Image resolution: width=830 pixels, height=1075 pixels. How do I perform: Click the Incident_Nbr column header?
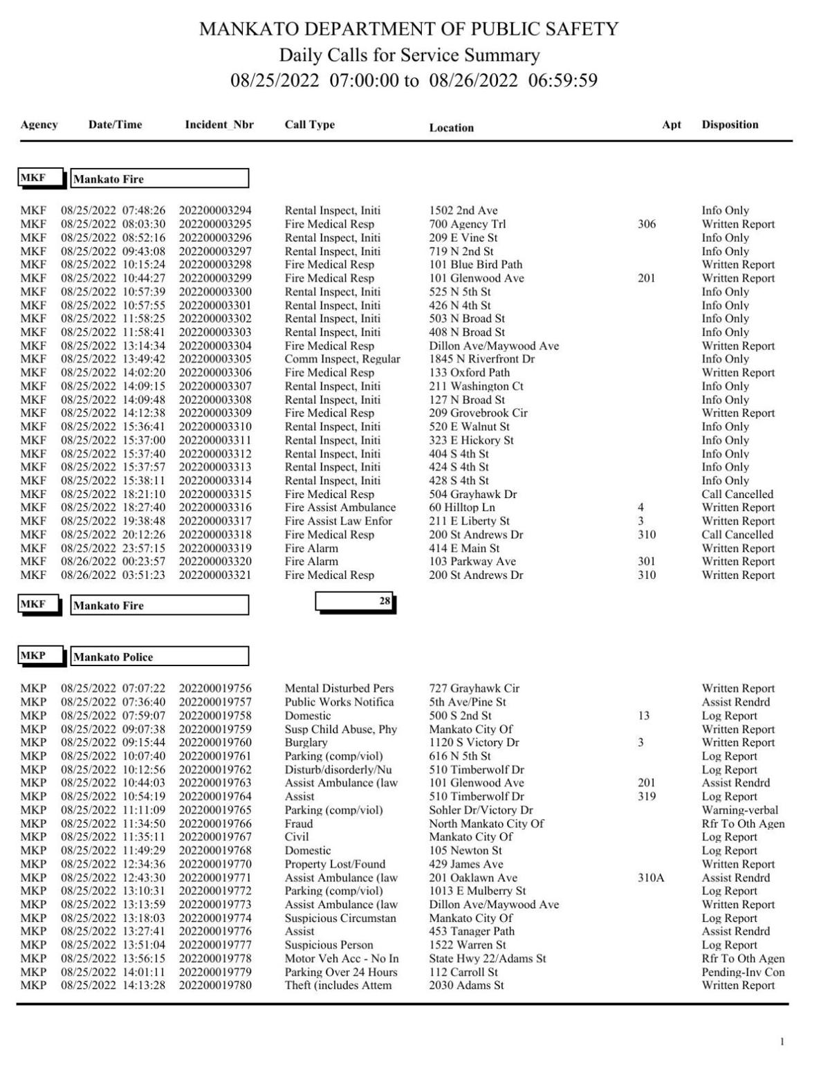point(219,125)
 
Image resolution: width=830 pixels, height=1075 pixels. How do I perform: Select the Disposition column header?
point(730,125)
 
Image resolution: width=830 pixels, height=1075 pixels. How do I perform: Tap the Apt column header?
point(671,125)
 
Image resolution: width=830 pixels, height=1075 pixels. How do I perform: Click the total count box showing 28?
point(355,602)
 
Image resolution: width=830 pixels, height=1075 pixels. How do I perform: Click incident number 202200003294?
point(215,210)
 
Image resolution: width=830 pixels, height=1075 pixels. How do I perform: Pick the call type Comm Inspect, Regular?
point(342,359)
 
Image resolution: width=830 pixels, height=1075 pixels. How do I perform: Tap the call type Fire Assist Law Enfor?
point(338,521)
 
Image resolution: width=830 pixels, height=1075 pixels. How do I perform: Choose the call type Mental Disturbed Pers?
point(339,688)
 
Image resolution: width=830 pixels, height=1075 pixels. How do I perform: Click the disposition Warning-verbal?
point(739,810)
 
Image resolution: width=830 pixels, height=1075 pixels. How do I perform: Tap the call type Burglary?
point(306,742)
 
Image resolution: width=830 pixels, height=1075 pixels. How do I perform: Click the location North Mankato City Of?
point(486,824)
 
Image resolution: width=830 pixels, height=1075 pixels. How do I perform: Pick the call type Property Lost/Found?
point(335,864)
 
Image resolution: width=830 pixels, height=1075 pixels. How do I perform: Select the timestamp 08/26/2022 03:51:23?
point(113,575)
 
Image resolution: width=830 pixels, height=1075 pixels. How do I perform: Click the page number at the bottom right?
point(782,1042)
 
